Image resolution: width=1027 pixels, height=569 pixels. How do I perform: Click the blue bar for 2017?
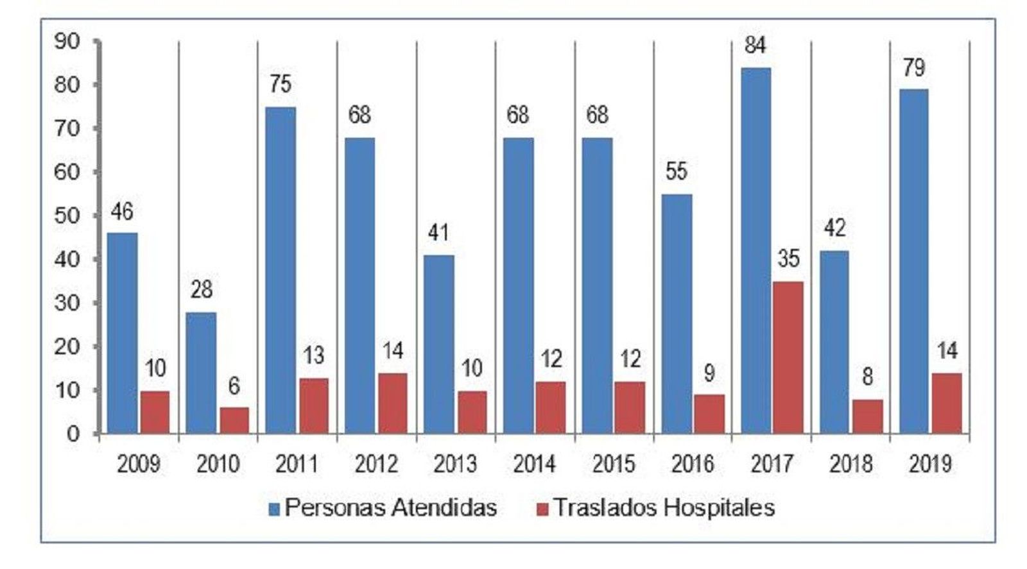coord(755,250)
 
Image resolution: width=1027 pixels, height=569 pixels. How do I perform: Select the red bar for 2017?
coord(788,357)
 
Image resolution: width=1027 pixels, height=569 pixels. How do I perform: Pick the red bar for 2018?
coord(867,416)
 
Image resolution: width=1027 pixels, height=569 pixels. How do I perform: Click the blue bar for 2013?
coord(438,344)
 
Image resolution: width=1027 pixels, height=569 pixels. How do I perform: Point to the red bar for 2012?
coord(392,403)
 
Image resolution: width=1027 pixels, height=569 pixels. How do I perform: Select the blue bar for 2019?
coord(913,261)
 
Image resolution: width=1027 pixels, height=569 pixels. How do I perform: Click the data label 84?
coord(755,46)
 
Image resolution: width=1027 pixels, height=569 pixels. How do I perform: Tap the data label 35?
coord(788,259)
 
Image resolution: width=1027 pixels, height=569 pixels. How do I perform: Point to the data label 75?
coord(280,84)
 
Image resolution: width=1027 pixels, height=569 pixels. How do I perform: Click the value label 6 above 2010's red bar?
coord(234,386)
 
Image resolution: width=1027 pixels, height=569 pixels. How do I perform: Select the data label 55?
coord(677,171)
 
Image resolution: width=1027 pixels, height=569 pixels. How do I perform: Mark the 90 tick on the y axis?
coord(68,42)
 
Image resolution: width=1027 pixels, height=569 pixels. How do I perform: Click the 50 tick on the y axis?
coord(68,216)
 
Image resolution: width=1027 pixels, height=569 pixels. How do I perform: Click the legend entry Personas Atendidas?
coord(383,508)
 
